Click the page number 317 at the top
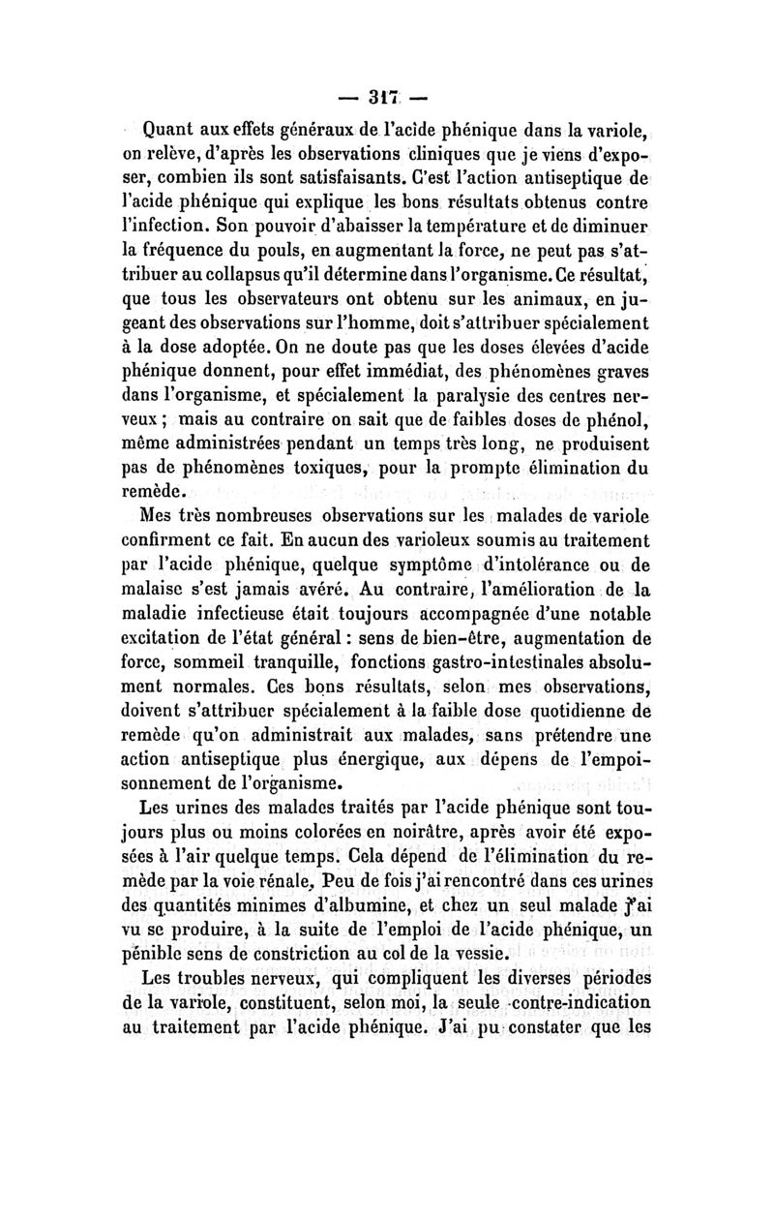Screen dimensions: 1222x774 click(x=387, y=96)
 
